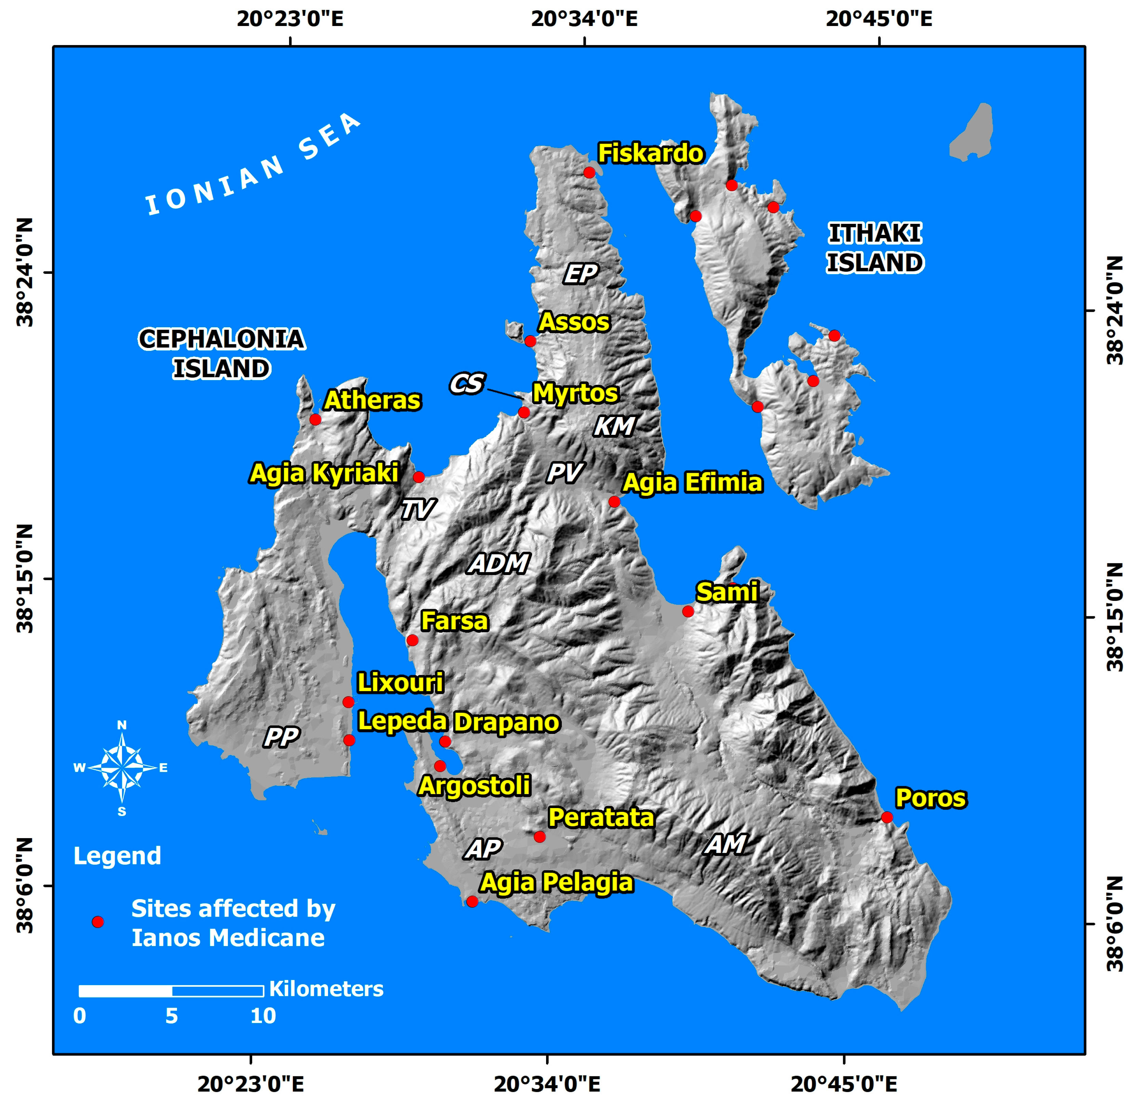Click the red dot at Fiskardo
[x=589, y=173]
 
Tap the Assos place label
[x=574, y=322]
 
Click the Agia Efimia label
[x=692, y=483]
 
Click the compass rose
[x=122, y=768]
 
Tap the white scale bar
[x=171, y=991]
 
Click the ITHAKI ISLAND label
[x=875, y=248]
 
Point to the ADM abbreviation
[x=499, y=563]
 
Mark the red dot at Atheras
[x=315, y=419]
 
